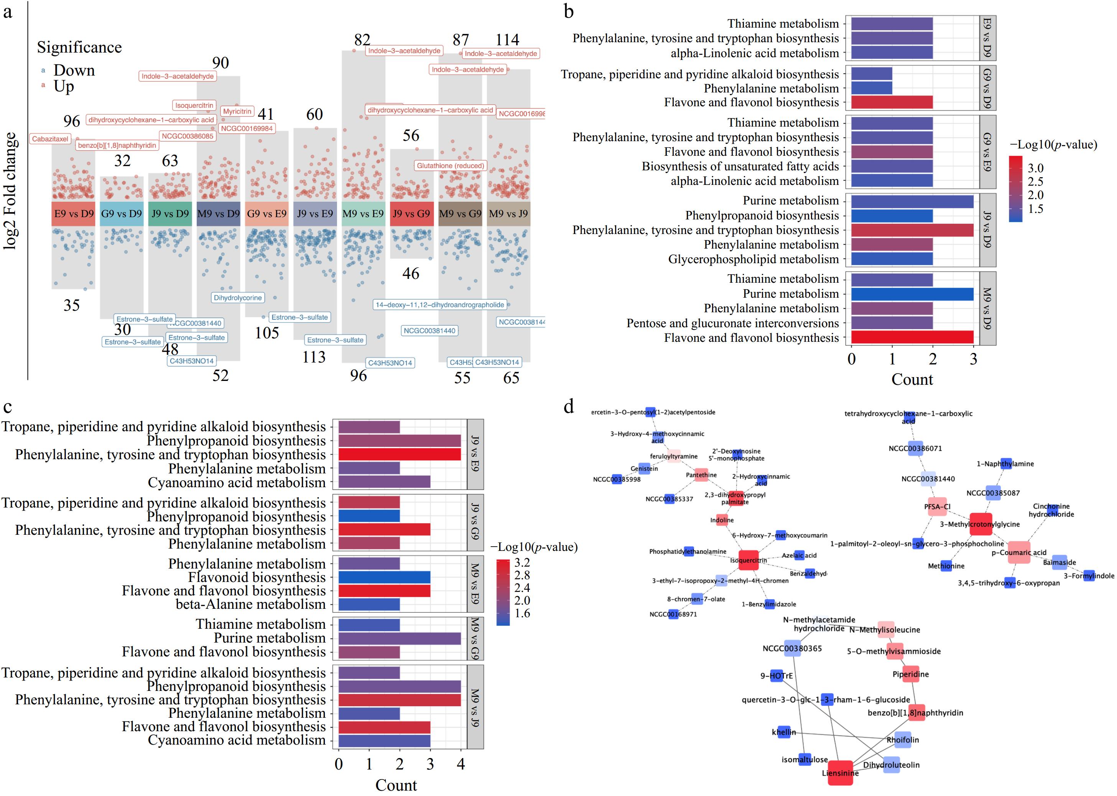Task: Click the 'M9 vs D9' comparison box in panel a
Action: coord(218,214)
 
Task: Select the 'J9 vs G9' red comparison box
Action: coord(411,214)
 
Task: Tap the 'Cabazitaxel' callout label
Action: coord(50,139)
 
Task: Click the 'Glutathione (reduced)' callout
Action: coord(450,166)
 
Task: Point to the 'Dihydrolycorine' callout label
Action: coord(238,298)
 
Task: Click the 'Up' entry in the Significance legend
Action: coord(64,87)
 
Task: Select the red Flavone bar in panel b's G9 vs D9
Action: coord(892,102)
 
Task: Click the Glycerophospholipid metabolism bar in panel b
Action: coord(892,259)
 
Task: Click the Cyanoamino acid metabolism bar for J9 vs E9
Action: coord(384,482)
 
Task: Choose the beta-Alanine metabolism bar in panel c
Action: coord(369,604)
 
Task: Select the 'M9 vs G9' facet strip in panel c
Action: coord(475,638)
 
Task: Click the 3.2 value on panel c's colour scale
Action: coord(522,562)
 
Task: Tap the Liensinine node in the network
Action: coord(840,773)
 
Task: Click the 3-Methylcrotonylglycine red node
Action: coord(981,524)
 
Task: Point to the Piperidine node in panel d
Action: coord(910,674)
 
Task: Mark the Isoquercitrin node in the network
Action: coord(748,560)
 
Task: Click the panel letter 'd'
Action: coord(569,406)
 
